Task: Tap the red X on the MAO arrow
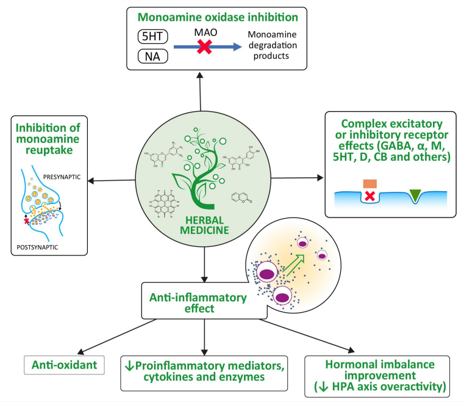tap(204, 48)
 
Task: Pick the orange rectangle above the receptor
tap(370, 184)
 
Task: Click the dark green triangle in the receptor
tap(415, 195)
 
